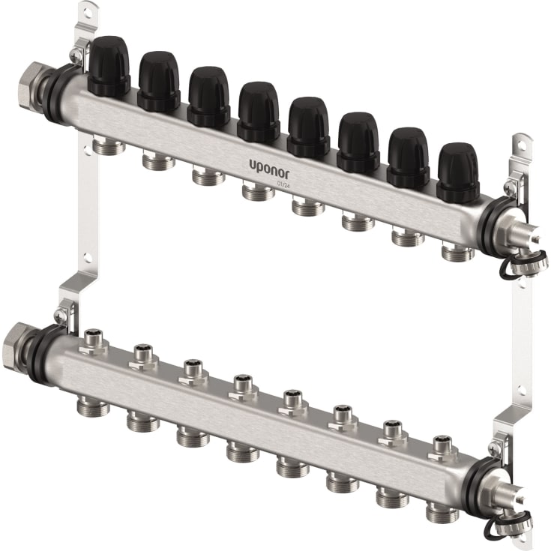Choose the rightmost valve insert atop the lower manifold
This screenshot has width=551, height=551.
(442, 446)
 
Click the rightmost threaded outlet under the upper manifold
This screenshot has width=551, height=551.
(458, 252)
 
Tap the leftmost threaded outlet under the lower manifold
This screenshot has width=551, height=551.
(90, 406)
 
